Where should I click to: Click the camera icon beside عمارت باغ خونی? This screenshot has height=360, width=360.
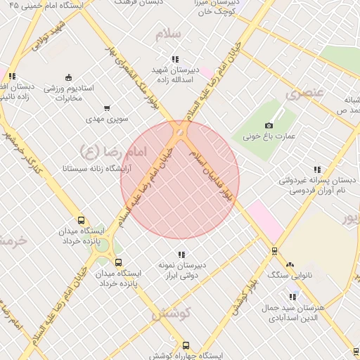(x=270, y=125)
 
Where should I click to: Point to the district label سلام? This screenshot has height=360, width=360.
(x=172, y=34)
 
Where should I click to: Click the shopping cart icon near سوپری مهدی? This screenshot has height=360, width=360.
(x=107, y=108)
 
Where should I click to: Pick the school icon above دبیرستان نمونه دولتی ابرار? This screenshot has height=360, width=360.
(x=181, y=255)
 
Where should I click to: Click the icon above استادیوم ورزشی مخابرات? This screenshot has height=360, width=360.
(x=67, y=77)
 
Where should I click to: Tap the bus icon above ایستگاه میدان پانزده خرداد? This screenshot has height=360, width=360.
(x=81, y=220)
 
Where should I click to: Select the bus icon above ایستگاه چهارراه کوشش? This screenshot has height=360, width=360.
(x=186, y=345)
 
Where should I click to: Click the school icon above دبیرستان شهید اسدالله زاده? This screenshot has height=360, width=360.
(x=174, y=60)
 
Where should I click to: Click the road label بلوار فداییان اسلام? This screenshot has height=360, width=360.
(x=217, y=179)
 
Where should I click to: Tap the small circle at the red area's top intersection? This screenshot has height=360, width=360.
(x=180, y=132)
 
